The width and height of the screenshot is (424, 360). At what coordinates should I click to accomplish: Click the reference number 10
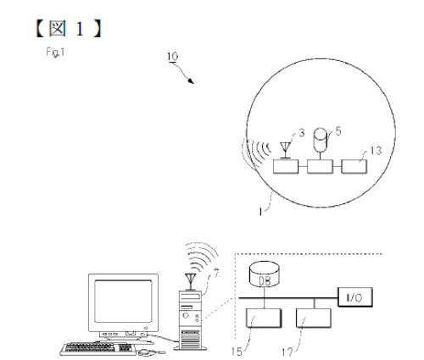point(172,57)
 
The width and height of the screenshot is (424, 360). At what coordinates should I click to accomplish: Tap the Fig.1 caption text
point(55,53)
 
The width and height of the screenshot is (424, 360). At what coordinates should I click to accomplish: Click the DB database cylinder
point(265,274)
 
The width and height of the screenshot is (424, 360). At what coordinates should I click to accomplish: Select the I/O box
point(355,297)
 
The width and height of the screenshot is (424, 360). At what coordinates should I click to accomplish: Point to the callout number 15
point(237,352)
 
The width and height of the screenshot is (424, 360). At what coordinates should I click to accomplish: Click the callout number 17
point(287,352)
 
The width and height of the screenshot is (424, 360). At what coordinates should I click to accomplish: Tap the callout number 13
point(376,151)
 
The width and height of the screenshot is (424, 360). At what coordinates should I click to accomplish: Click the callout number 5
point(338,131)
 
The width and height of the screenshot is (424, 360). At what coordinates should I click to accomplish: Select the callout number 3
point(302,133)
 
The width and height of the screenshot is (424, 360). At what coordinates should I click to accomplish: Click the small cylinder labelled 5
point(321,139)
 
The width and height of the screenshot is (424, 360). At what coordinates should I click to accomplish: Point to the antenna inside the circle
point(286,151)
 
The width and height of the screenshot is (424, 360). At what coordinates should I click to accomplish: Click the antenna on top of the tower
point(191,282)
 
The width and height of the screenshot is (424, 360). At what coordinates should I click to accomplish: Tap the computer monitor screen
point(123,301)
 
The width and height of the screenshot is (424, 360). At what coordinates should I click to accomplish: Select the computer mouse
point(146,352)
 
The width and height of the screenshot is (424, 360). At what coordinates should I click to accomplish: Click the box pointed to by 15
point(264,318)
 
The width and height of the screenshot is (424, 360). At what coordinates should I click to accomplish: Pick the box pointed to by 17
point(314,318)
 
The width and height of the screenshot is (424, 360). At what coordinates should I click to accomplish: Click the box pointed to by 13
point(354,167)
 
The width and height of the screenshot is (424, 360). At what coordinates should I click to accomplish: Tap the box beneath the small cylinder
point(320,167)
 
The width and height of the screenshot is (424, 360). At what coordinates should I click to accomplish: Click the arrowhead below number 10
point(191,81)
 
